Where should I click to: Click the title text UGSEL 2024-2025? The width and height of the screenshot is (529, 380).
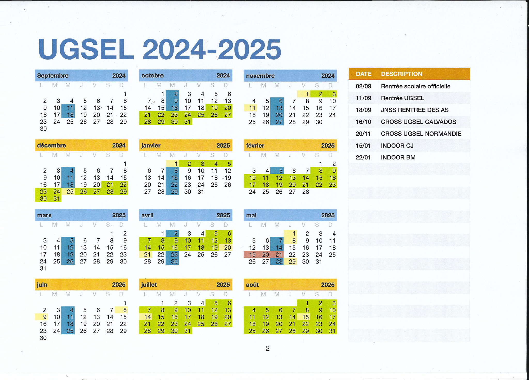point(160,50)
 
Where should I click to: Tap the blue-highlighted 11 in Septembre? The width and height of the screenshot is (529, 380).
point(70,108)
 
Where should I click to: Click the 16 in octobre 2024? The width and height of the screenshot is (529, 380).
point(174,108)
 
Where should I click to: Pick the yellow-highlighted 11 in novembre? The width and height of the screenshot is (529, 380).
point(252,108)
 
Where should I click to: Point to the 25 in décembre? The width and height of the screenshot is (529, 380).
point(70,192)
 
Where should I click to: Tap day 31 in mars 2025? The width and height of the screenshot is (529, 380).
point(43,268)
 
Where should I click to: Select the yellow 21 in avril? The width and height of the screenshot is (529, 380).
point(147,255)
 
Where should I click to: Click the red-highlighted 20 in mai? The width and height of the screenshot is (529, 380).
point(266,255)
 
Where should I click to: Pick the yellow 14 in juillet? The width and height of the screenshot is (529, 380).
point(147,317)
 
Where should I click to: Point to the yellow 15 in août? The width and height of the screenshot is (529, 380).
point(306,317)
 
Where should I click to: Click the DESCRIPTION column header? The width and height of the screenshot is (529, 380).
point(402,74)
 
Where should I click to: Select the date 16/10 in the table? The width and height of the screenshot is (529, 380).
point(363,122)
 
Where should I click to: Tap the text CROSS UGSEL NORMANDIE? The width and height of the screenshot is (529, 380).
point(421,134)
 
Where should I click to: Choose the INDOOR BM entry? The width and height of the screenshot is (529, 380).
point(398,157)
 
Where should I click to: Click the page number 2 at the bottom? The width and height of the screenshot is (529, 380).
point(268,349)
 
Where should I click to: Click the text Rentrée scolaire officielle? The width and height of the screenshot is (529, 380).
point(416,86)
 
